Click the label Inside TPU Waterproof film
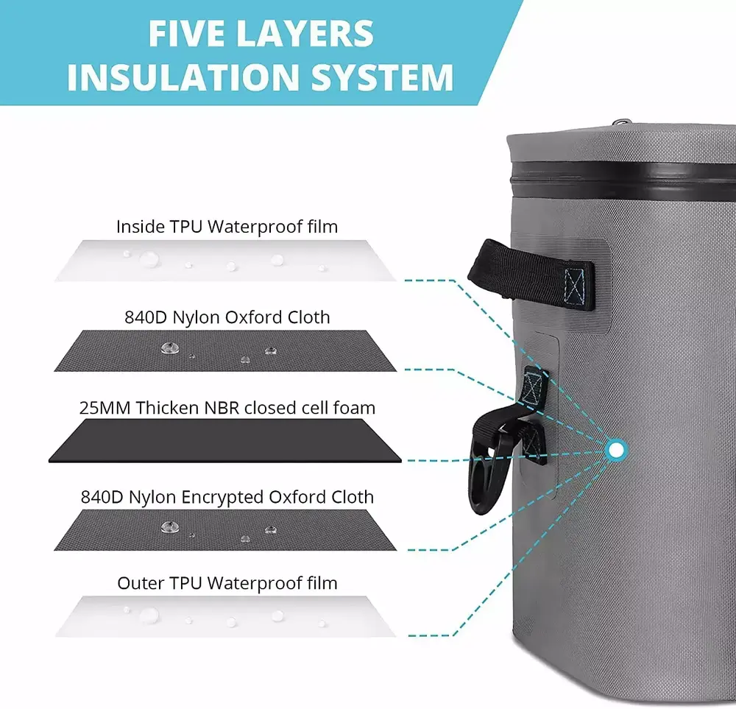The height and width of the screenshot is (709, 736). click(x=227, y=226)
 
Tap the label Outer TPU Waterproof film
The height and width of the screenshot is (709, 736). click(x=227, y=583)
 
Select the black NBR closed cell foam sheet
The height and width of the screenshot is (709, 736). click(x=225, y=441)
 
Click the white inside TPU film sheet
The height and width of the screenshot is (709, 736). click(x=225, y=261)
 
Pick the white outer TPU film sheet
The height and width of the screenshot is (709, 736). click(x=225, y=616)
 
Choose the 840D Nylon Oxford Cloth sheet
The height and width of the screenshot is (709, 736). click(x=225, y=350)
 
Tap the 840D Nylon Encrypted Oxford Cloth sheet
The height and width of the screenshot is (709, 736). click(x=225, y=530)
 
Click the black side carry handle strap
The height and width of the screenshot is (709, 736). click(x=531, y=275)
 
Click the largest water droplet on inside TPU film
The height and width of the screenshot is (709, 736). click(x=149, y=258)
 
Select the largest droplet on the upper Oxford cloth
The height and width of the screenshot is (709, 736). click(x=169, y=348)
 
